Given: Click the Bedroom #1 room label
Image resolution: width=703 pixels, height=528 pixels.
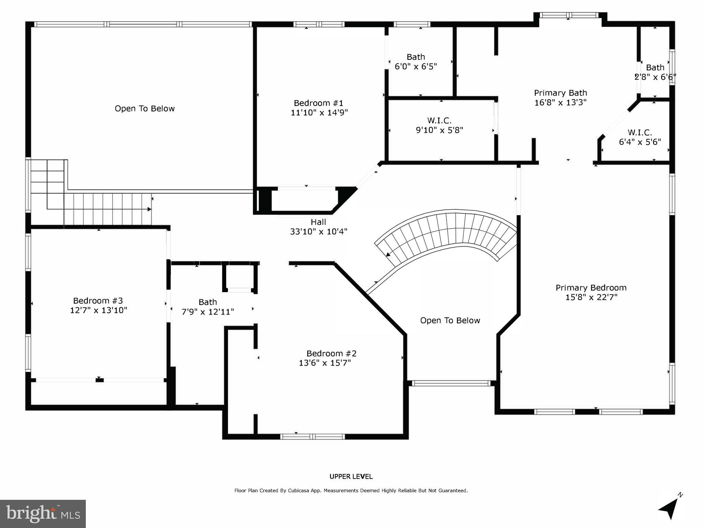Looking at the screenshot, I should pyautogui.click(x=319, y=103).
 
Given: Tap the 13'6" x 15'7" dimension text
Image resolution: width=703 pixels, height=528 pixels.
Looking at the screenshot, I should pyautogui.click(x=325, y=363).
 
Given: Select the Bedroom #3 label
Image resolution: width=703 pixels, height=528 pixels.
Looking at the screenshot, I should pyautogui.click(x=98, y=301).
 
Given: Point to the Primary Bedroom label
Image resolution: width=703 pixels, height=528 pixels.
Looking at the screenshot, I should pyautogui.click(x=591, y=288).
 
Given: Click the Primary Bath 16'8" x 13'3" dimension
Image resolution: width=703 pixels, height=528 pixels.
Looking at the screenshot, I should pyautogui.click(x=560, y=102).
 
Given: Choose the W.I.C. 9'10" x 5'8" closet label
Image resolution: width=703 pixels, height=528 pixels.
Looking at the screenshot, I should pyautogui.click(x=439, y=125).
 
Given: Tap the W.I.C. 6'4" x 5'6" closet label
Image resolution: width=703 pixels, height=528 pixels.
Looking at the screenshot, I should pyautogui.click(x=640, y=137).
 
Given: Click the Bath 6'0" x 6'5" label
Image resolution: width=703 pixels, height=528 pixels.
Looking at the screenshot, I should pyautogui.click(x=416, y=62).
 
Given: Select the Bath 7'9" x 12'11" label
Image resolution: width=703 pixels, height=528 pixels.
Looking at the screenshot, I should pyautogui.click(x=208, y=307).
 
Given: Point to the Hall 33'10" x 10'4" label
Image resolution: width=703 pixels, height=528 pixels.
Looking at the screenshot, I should pyautogui.click(x=319, y=227).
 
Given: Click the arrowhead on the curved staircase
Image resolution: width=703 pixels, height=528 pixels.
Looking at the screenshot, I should pyautogui.click(x=388, y=255).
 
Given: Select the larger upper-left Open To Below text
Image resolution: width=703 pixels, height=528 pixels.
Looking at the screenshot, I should pyautogui.click(x=145, y=109).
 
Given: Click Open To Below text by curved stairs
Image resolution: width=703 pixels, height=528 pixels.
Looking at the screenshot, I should pyautogui.click(x=450, y=320).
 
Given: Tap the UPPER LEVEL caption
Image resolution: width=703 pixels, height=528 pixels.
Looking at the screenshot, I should pyautogui.click(x=351, y=476).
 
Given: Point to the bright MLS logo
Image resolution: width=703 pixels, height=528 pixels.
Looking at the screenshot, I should pyautogui.click(x=43, y=514).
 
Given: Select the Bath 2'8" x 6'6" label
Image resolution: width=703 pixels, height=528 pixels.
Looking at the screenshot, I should pyautogui.click(x=655, y=72).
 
